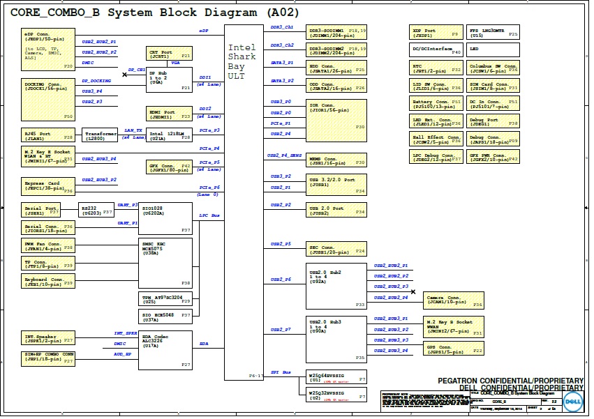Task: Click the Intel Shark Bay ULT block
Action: [244, 202]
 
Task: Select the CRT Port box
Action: [169, 54]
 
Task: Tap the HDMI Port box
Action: [169, 114]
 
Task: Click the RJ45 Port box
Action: [48, 136]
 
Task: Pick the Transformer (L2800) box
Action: [101, 136]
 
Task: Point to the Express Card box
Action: [48, 186]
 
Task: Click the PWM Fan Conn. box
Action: [48, 245]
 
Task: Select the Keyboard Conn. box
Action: [48, 281]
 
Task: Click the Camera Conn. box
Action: [454, 300]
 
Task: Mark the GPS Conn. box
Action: [454, 350]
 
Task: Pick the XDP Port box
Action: [436, 33]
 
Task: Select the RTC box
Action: [436, 68]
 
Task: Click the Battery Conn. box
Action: [436, 103]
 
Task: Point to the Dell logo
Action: [573, 402]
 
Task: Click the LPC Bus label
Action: [209, 215]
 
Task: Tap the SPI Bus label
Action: [280, 372]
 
